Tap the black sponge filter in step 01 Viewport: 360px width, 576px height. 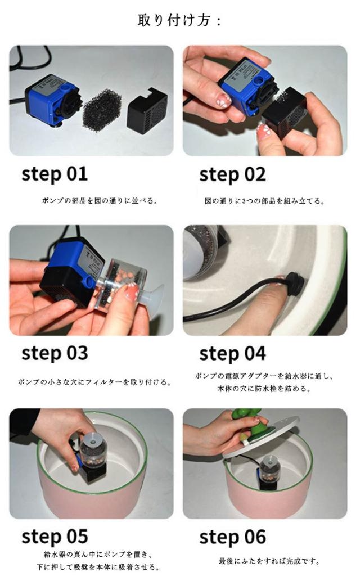click(x=102, y=110)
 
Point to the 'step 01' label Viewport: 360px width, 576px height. click(x=55, y=174)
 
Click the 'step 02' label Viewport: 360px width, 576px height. click(x=232, y=174)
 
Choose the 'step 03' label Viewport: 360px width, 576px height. click(x=55, y=353)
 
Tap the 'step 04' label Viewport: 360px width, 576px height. click(x=232, y=354)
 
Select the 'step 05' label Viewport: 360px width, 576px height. click(x=55, y=536)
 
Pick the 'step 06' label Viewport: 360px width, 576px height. click(x=232, y=537)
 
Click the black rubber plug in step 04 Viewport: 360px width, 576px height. click(x=296, y=282)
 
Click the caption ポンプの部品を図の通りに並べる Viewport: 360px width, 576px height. click(x=100, y=201)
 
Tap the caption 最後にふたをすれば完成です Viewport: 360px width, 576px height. click(x=269, y=561)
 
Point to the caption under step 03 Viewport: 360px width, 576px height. click(x=94, y=382)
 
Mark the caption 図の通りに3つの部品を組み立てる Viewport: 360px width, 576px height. click(x=264, y=201)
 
